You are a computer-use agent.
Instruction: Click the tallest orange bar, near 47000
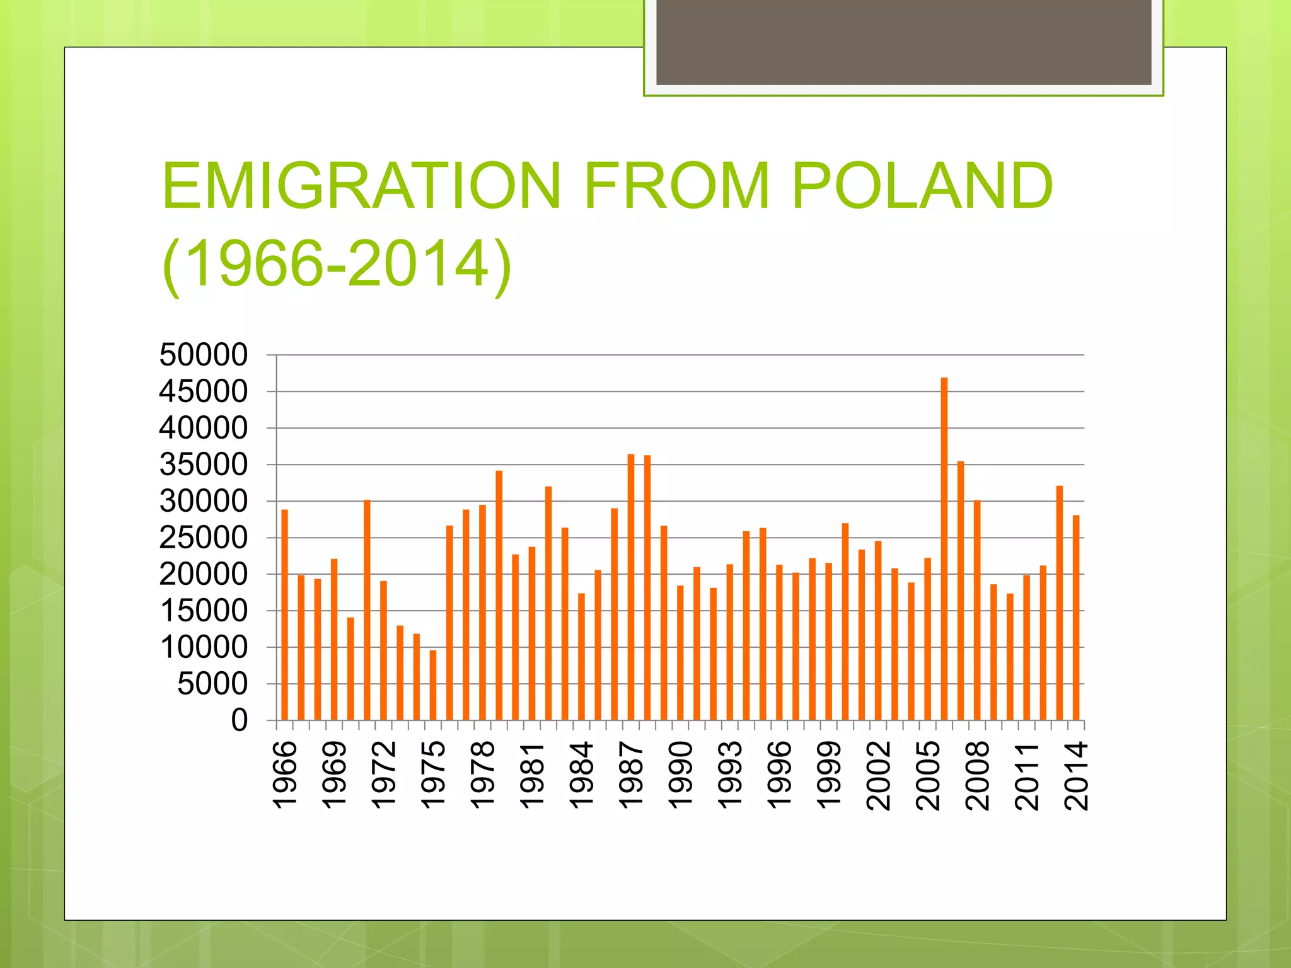tap(944, 548)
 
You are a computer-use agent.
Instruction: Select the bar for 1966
tap(285, 614)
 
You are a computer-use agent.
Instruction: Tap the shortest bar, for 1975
tap(433, 685)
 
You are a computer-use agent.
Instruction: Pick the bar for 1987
tap(631, 587)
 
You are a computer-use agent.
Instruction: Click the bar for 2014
tap(1076, 618)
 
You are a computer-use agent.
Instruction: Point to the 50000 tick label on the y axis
tap(204, 355)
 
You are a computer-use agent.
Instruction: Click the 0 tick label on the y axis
tap(240, 720)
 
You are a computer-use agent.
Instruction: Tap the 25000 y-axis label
tap(204, 538)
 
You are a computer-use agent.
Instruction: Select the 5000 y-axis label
tap(212, 684)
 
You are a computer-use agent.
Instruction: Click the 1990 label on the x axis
tap(680, 775)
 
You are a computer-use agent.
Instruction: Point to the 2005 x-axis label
tap(928, 775)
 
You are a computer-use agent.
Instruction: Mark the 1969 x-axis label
tap(334, 775)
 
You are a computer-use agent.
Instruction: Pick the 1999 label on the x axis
tap(829, 775)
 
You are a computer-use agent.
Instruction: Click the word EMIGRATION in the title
tap(361, 186)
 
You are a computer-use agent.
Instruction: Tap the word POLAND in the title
tap(922, 186)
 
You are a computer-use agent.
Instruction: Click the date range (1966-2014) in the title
tap(337, 263)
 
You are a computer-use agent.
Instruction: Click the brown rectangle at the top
tap(903, 43)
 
